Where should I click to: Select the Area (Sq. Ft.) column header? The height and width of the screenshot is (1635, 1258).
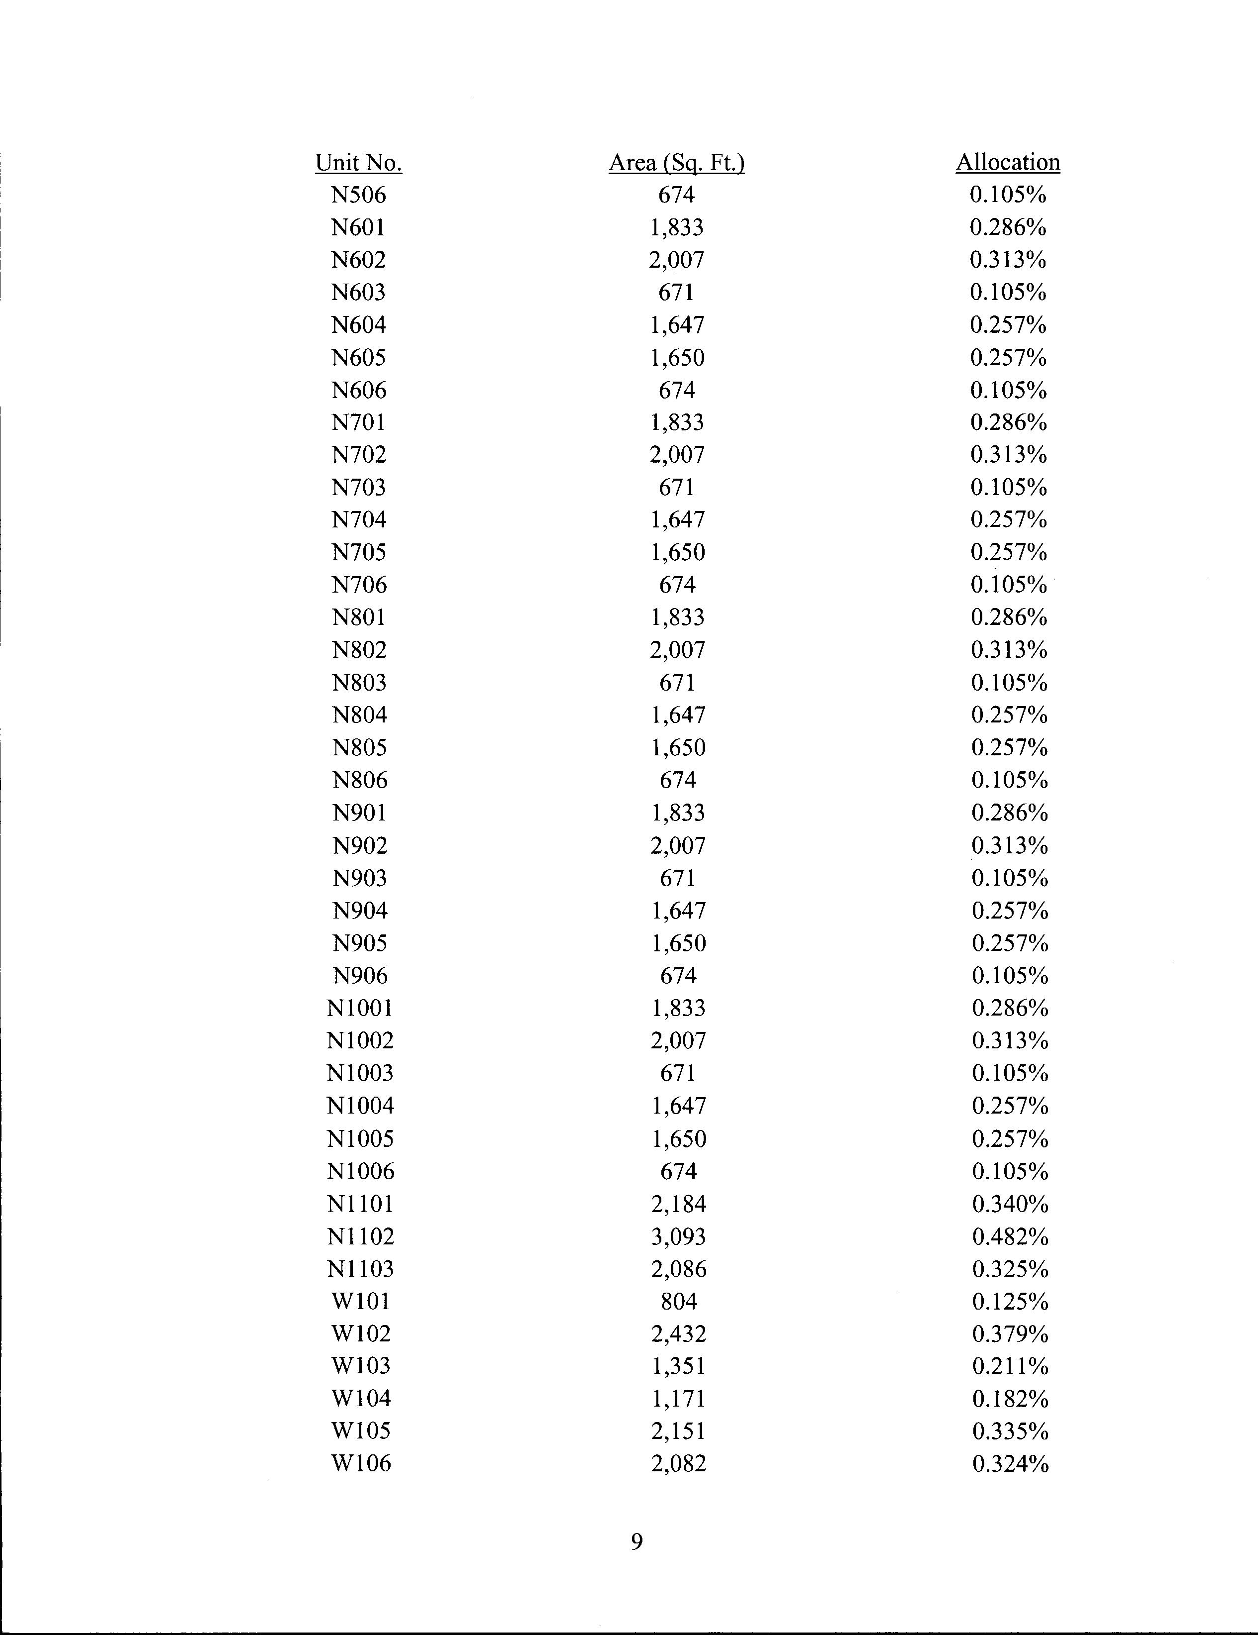click(676, 162)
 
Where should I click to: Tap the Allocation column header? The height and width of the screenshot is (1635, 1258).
click(1008, 162)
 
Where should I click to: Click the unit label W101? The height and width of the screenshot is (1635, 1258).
click(361, 1301)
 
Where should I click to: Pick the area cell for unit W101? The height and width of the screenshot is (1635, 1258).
click(678, 1301)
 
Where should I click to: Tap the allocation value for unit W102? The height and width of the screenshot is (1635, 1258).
click(1010, 1333)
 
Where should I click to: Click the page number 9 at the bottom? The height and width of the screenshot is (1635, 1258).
click(636, 1541)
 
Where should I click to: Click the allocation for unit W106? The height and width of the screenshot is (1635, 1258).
click(1010, 1463)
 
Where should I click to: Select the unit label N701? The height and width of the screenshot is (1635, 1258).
click(359, 422)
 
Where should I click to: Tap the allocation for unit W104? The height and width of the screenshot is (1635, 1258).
click(1010, 1399)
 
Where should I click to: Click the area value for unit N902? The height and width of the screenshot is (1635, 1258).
click(678, 845)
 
